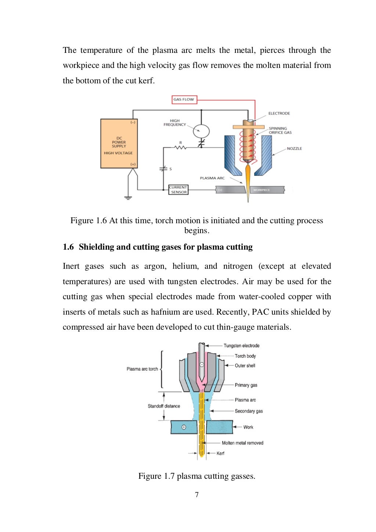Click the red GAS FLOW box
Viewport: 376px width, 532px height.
point(184,99)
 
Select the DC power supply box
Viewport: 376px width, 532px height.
point(119,144)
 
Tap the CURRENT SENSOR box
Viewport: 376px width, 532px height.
point(178,189)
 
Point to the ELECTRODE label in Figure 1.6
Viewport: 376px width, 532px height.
point(279,113)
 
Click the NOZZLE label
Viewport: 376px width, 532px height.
point(294,149)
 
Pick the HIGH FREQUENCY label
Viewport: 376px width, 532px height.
point(175,123)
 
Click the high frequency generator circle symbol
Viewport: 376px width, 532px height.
point(201,131)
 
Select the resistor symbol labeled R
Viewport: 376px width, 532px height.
point(180,147)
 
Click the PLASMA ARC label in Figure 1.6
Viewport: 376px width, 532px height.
point(212,178)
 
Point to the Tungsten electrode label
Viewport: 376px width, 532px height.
point(241,346)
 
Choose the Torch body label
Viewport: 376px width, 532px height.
point(245,356)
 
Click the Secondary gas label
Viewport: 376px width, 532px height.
point(249,411)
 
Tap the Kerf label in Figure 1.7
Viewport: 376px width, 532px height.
point(220,453)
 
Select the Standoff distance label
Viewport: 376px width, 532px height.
point(164,406)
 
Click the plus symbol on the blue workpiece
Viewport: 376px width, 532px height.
point(184,427)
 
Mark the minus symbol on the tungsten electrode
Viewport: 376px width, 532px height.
point(202,365)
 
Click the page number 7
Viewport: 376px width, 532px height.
point(197,495)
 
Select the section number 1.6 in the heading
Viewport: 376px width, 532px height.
point(68,247)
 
